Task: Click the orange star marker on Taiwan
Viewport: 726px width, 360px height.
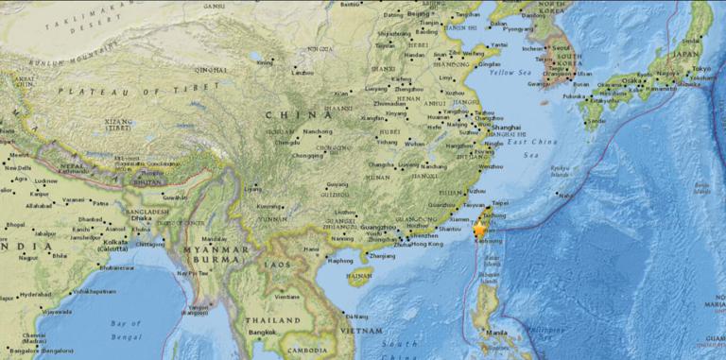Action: (480, 229)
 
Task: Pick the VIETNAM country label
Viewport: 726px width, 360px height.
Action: (362, 331)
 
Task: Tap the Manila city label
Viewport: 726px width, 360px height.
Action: (496, 334)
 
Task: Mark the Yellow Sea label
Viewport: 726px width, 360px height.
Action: (513, 72)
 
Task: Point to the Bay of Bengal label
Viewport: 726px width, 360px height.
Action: (126, 330)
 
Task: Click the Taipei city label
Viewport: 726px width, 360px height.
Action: (500, 202)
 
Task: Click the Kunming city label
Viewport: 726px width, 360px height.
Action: (270, 206)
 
